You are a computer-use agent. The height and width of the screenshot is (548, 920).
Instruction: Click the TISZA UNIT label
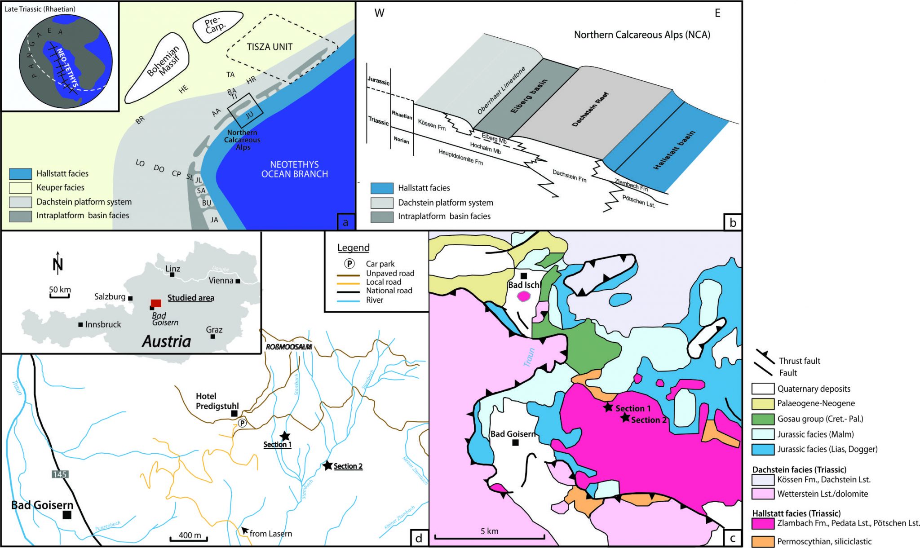[x=270, y=47]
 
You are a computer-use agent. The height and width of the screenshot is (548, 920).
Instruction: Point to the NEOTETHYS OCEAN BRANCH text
[x=294, y=169]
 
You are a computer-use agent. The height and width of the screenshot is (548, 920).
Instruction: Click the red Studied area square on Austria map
[x=156, y=303]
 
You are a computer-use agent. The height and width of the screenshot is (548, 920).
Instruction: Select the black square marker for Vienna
[x=238, y=281]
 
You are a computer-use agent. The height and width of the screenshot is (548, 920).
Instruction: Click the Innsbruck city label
[x=103, y=324]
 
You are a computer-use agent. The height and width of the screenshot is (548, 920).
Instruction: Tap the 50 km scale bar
[x=59, y=296]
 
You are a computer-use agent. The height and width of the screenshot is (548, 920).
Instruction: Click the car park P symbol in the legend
[x=349, y=264]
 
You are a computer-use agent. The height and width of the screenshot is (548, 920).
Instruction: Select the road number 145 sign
[x=60, y=474]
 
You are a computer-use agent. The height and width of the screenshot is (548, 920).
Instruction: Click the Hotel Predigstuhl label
[x=217, y=401]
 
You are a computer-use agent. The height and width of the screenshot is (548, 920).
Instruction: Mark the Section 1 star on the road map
[x=285, y=436]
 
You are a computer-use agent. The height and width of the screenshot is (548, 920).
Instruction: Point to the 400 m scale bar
[x=189, y=539]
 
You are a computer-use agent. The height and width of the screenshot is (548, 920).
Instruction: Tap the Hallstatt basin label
[x=674, y=150]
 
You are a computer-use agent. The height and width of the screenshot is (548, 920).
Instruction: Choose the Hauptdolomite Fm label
[x=460, y=158]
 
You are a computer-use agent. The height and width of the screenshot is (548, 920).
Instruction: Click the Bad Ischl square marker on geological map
[x=523, y=276]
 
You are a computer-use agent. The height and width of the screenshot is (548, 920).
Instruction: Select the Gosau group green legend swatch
[x=762, y=419]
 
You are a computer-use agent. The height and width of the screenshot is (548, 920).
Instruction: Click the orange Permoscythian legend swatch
[x=762, y=541]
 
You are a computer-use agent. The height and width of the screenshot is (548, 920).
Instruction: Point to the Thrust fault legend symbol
[x=765, y=356]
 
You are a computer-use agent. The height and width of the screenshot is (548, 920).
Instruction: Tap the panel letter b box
[x=733, y=222]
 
